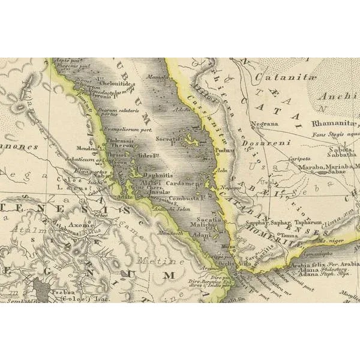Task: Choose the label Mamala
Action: [157, 76]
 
